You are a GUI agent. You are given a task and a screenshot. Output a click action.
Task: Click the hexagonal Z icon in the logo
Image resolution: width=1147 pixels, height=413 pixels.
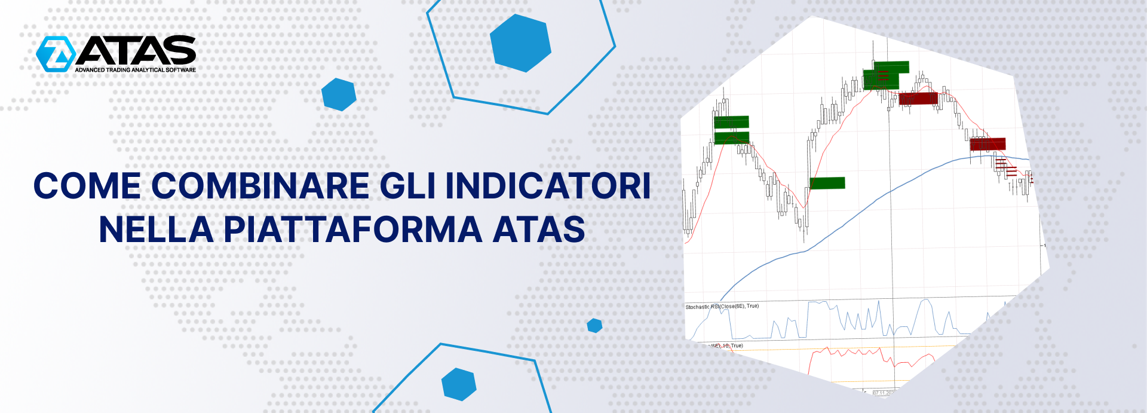(x=55, y=54)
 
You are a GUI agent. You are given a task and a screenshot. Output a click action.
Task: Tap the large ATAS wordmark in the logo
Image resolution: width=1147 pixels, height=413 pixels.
(x=136, y=50)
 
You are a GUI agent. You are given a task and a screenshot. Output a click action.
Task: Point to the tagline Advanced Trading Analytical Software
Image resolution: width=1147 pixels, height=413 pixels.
(x=135, y=70)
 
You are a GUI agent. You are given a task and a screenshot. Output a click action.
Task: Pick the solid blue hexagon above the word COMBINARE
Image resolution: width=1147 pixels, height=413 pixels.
(x=339, y=94)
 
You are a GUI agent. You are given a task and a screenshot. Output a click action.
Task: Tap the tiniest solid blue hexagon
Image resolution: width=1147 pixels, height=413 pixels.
(x=594, y=326)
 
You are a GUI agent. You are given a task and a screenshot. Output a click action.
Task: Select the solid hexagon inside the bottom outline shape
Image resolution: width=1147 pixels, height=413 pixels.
(x=459, y=384)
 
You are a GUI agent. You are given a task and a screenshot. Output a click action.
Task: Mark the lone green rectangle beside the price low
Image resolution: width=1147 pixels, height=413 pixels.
(x=827, y=183)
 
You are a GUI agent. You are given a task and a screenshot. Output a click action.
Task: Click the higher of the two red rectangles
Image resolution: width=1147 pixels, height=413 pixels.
(x=918, y=99)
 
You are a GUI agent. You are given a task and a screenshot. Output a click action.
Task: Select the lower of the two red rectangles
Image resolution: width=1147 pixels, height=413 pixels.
(x=987, y=144)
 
